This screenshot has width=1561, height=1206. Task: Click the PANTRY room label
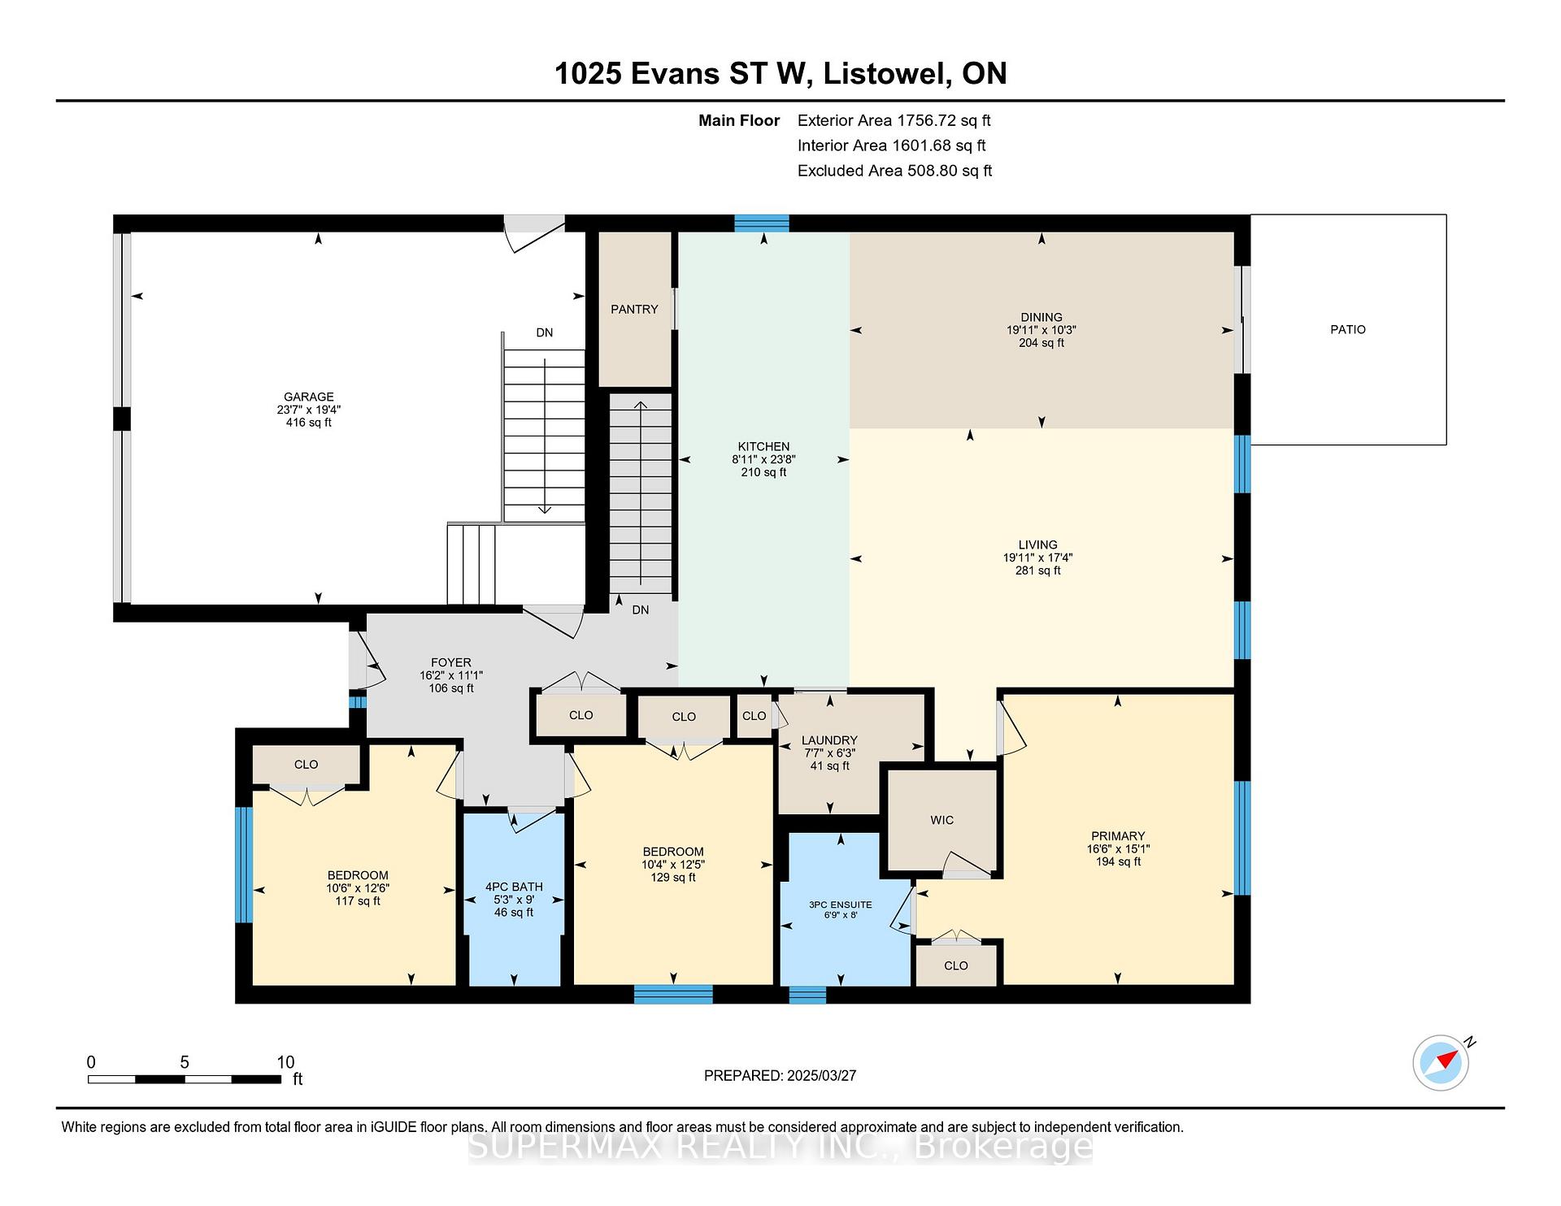634,309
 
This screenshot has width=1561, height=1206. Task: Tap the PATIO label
1348,329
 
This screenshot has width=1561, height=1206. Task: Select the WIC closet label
942,820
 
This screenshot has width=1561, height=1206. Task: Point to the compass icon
1441,1062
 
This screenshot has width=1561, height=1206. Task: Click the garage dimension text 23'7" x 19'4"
309,410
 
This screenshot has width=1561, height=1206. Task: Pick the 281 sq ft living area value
1038,570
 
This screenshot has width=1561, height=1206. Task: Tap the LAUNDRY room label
829,740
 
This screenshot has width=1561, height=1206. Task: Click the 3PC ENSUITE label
841,904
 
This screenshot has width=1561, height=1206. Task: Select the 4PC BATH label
514,887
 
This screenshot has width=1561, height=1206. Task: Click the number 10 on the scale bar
285,1062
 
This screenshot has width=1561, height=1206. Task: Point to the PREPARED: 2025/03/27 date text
780,1075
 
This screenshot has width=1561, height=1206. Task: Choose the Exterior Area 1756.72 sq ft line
894,120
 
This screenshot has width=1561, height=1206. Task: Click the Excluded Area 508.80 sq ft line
895,171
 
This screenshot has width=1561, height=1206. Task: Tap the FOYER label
451,662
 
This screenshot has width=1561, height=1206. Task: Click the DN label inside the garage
545,332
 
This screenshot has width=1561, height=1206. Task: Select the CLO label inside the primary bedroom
956,965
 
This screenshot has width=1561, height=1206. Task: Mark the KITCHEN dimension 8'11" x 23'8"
763,459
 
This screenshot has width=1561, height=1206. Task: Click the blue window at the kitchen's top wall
762,223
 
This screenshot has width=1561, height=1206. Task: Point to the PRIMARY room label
1118,835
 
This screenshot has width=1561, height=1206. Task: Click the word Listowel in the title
886,74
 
